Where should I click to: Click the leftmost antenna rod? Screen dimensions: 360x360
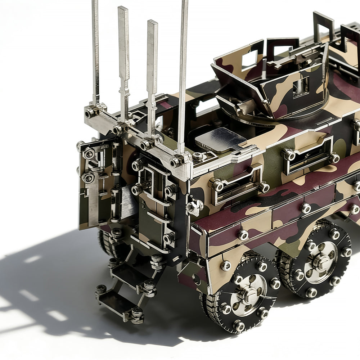[95, 50]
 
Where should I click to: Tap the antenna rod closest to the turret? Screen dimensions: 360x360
[183, 72]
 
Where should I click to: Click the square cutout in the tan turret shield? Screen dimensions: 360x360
[249, 59]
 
